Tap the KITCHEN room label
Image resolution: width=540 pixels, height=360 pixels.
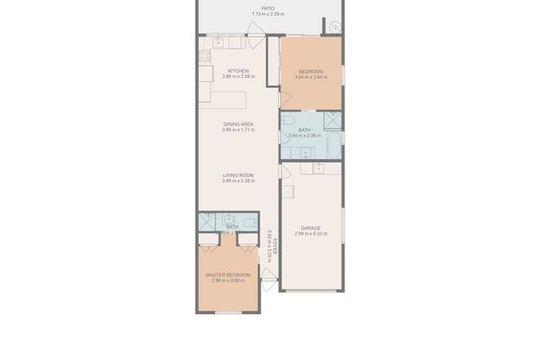click(238, 70)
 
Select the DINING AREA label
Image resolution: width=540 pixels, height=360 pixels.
click(238, 124)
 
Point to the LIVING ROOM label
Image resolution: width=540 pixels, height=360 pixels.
click(238, 175)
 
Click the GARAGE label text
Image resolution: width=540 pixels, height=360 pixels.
click(310, 227)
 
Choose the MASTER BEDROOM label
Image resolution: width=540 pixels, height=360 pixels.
click(228, 274)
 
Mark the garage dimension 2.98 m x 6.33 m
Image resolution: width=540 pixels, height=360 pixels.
click(310, 234)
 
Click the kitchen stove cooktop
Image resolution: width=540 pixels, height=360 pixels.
click(204, 58)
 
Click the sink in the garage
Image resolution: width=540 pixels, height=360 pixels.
click(317, 169)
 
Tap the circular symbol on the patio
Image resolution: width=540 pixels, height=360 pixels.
click(335, 27)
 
